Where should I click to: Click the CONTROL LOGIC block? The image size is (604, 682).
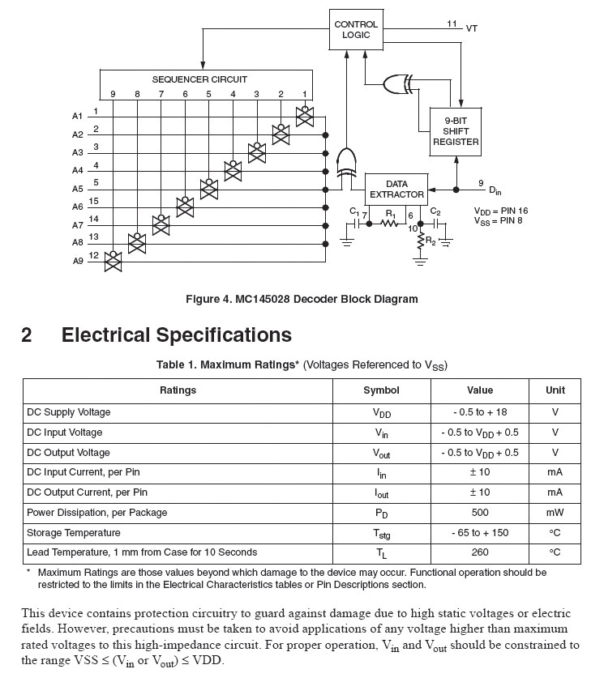click(x=356, y=30)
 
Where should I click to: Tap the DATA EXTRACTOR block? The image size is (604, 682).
click(x=396, y=190)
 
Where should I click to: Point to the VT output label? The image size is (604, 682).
click(x=472, y=28)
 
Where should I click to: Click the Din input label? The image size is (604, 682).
click(x=495, y=190)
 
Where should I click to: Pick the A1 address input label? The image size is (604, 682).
click(x=78, y=117)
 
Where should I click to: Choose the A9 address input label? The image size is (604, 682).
click(x=78, y=261)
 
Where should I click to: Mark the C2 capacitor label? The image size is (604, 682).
click(x=435, y=212)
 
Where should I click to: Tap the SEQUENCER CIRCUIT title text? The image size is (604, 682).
click(x=199, y=79)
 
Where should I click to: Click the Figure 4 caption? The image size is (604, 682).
click(x=302, y=299)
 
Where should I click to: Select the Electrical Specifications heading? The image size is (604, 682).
click(x=176, y=335)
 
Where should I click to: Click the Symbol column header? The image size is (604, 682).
click(x=381, y=390)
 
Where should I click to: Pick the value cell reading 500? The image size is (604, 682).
click(x=480, y=513)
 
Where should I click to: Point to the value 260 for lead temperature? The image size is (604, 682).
click(x=480, y=552)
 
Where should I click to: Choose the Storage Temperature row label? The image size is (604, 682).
click(x=74, y=533)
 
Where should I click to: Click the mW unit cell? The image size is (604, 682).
click(x=555, y=513)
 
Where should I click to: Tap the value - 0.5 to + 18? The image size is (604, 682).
click(x=480, y=412)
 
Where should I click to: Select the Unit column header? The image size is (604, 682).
click(x=555, y=390)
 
